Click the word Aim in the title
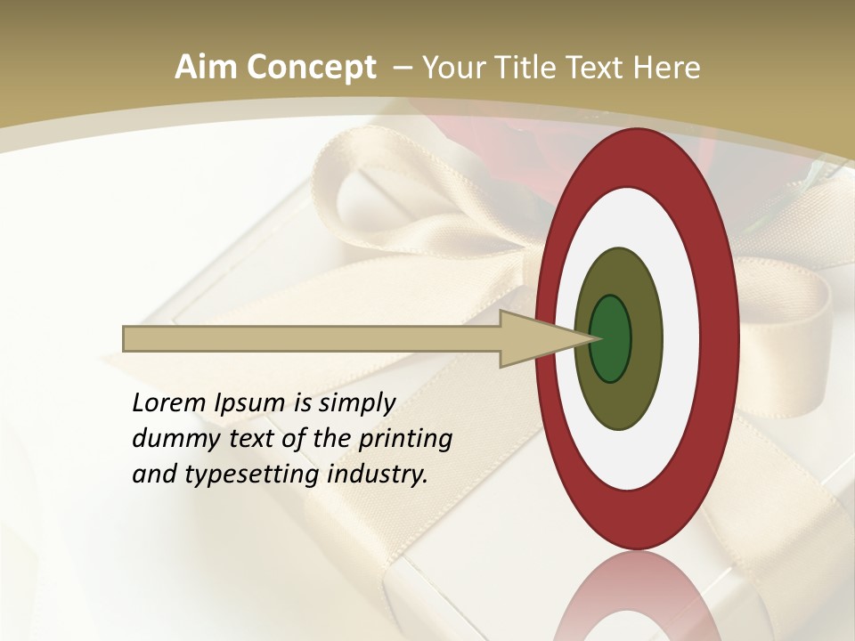[x=206, y=68]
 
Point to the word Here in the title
[x=667, y=68]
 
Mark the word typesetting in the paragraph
[x=250, y=475]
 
